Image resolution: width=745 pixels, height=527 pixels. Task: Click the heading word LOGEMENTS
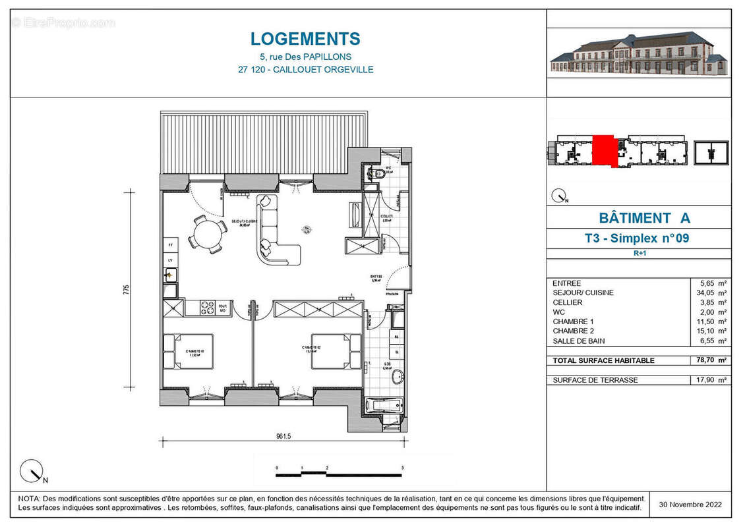tap(305, 39)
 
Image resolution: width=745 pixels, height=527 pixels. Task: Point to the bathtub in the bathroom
tap(383, 404)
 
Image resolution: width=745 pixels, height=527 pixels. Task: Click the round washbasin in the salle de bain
tap(397, 377)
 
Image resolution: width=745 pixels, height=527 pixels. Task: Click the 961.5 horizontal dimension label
tap(284, 435)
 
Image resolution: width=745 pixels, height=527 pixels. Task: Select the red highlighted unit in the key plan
tap(603, 151)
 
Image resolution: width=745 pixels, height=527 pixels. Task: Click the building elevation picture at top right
tap(638, 53)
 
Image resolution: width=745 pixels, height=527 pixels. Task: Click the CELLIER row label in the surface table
tap(568, 302)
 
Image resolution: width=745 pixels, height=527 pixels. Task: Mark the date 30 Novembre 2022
tap(690, 505)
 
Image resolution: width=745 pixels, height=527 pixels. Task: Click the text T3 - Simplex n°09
tap(636, 238)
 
